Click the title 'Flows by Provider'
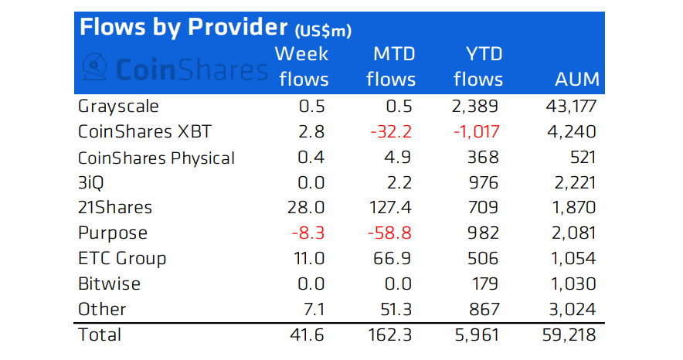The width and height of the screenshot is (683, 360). pyautogui.click(x=182, y=28)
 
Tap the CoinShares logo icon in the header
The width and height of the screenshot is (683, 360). pyautogui.click(x=93, y=67)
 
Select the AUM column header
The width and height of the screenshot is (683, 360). pyautogui.click(x=577, y=80)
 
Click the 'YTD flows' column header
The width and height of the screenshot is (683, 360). pyautogui.click(x=478, y=66)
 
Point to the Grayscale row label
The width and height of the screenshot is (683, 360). pyautogui.click(x=118, y=106)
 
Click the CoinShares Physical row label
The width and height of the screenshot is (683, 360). pyautogui.click(x=156, y=158)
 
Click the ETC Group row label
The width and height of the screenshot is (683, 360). pyautogui.click(x=122, y=258)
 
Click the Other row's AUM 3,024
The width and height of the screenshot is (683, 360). pyautogui.click(x=573, y=309)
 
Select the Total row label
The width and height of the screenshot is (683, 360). pyautogui.click(x=100, y=335)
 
